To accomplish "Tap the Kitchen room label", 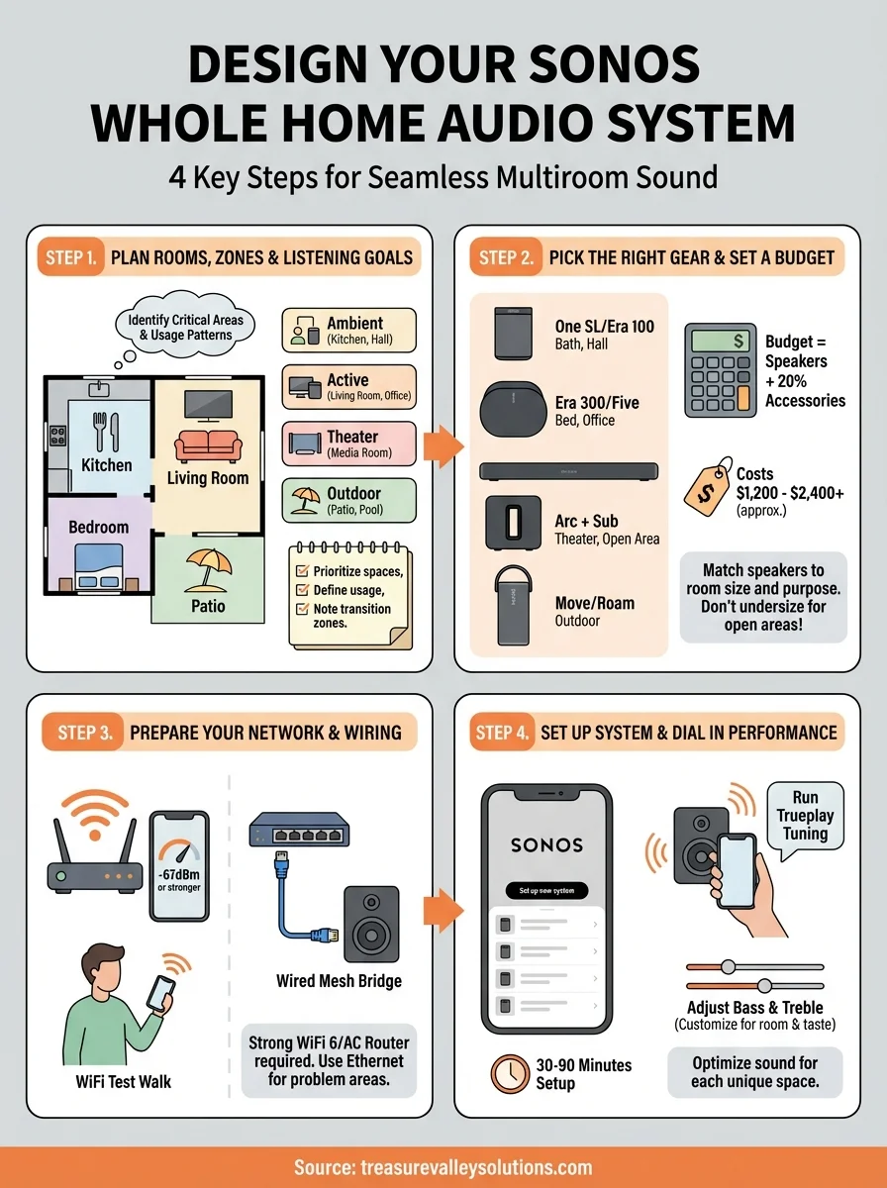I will [106, 464].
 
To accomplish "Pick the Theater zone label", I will [351, 437].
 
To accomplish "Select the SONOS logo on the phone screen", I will [546, 845].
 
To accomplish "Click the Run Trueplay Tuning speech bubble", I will [805, 816].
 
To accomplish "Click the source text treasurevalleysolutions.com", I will [443, 1166].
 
